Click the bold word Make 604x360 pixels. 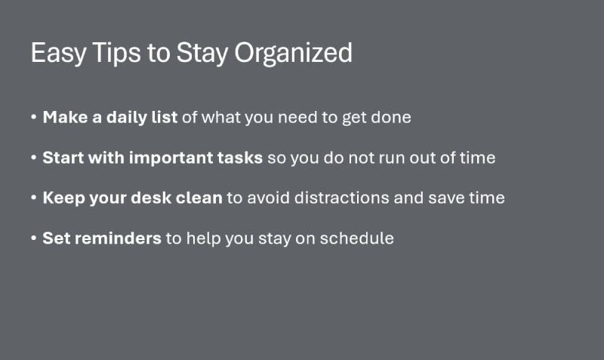(62, 118)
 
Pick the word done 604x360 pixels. (393, 118)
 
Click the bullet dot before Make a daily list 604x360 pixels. (34, 118)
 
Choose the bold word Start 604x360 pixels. (61, 158)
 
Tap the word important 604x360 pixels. (169, 158)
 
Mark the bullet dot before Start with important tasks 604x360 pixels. (34, 159)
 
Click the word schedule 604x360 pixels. (361, 238)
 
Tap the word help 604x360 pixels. (202, 238)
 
